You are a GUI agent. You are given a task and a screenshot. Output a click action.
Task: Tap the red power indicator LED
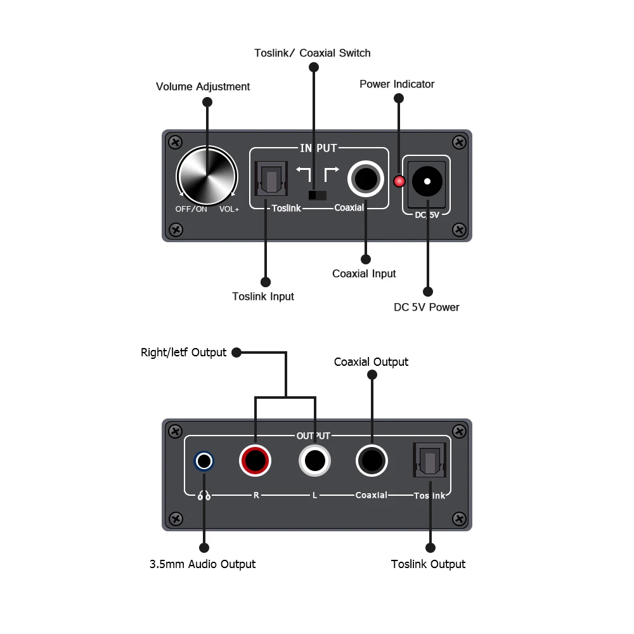[x=399, y=181]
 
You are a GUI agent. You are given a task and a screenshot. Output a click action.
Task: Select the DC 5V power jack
[x=427, y=181]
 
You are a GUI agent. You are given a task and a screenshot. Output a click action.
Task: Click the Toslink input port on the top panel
[x=271, y=179]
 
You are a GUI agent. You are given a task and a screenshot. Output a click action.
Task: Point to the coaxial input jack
[x=365, y=179]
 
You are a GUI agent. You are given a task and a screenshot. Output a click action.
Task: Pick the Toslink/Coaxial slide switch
[x=317, y=195]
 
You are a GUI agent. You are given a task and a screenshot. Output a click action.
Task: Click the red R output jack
[x=256, y=459]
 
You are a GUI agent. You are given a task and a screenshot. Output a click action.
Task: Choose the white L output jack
[x=315, y=459]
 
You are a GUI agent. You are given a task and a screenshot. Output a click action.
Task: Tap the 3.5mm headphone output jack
[x=204, y=461]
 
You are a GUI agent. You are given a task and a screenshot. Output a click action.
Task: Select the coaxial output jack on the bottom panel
[x=372, y=459]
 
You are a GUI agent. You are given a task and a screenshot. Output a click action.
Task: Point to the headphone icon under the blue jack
[x=204, y=496]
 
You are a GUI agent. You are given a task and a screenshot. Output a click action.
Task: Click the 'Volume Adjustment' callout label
[x=203, y=87]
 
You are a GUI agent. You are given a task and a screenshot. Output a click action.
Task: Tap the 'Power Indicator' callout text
[x=397, y=84]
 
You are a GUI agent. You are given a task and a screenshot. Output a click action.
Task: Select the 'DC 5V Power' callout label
[x=427, y=307]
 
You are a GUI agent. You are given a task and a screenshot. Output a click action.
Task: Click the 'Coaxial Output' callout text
[x=371, y=362]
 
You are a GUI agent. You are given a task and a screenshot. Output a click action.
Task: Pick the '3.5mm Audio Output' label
[x=202, y=564]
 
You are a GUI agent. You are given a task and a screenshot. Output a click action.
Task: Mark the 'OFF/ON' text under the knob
[x=191, y=209]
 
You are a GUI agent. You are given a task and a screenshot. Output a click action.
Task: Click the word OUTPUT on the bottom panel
[x=313, y=436]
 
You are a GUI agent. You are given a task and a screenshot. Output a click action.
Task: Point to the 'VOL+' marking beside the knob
[x=229, y=209]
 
